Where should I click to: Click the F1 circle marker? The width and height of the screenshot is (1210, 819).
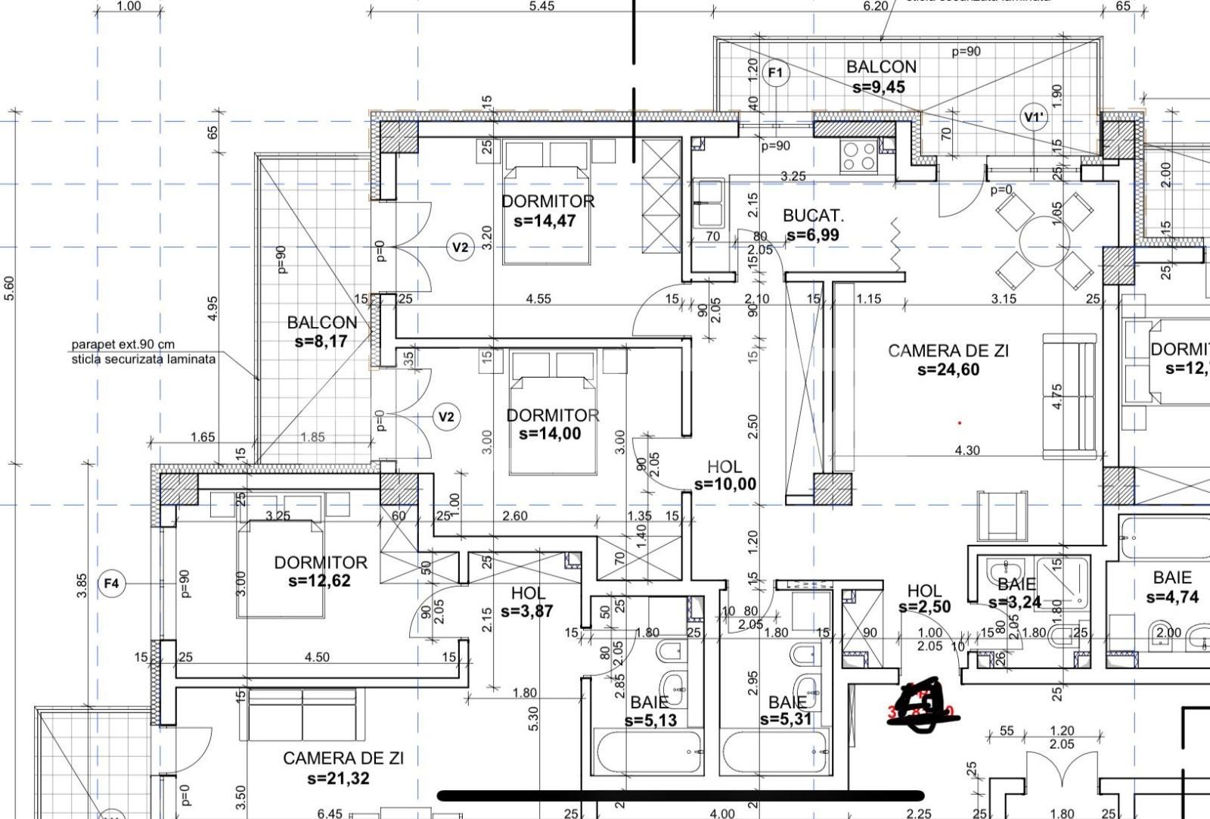click(776, 73)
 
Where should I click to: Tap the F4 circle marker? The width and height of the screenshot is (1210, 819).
click(112, 584)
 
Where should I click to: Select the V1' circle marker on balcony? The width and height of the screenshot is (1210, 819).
click(1034, 117)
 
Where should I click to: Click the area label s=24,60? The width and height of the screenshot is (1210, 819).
click(948, 369)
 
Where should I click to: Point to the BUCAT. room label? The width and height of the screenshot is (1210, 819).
click(813, 216)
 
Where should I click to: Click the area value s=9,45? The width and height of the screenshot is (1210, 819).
click(878, 87)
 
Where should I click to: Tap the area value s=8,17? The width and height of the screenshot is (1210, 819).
click(321, 341)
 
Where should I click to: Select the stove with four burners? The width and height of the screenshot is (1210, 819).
click(859, 156)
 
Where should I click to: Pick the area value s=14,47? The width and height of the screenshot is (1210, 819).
click(544, 221)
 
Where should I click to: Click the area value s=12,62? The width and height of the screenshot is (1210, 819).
click(319, 581)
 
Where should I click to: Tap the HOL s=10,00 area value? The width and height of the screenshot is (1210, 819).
click(724, 484)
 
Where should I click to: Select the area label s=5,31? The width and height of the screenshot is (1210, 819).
click(786, 719)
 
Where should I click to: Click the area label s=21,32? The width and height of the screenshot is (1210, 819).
click(338, 777)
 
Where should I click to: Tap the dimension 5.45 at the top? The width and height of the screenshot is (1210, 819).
click(541, 6)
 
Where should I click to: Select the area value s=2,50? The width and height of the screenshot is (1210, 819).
click(924, 607)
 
